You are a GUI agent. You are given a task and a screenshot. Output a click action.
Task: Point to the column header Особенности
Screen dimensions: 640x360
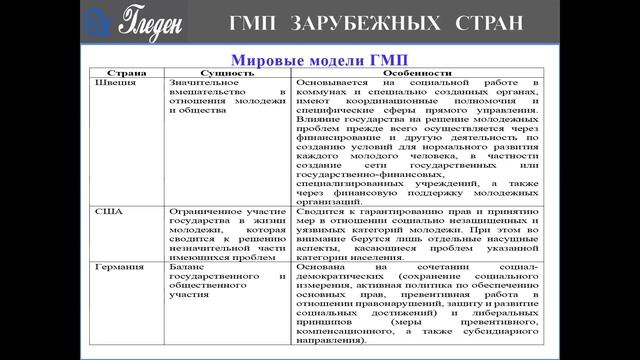pyautogui.click(x=419, y=73)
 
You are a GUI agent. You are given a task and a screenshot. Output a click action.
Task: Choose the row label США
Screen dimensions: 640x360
pyautogui.click(x=107, y=212)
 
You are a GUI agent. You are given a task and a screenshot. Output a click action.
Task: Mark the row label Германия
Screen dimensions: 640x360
pyautogui.click(x=115, y=268)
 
